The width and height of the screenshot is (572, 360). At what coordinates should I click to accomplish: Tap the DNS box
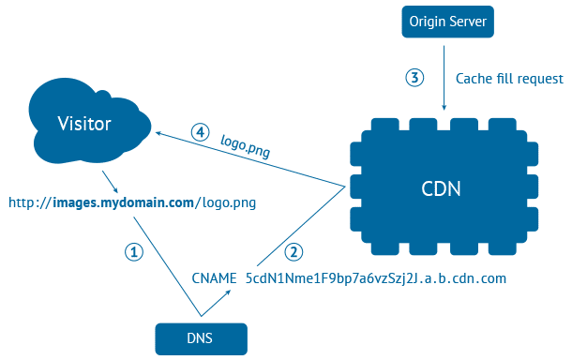(202, 337)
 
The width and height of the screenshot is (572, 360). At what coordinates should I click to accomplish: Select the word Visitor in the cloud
(84, 124)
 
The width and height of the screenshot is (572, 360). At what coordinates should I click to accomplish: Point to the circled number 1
(135, 252)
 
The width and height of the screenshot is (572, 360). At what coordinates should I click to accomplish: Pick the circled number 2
(294, 251)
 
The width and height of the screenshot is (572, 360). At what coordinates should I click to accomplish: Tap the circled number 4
(200, 132)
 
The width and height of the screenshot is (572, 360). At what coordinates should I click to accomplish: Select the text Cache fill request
(509, 80)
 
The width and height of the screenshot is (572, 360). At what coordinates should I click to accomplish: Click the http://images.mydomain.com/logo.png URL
(132, 202)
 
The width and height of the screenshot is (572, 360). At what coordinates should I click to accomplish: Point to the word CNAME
(215, 278)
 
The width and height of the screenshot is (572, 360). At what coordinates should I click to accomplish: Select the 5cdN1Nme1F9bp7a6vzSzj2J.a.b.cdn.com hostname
(375, 278)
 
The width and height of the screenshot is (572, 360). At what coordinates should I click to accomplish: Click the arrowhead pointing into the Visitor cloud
(159, 135)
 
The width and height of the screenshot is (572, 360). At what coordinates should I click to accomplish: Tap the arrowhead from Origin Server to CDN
(444, 109)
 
